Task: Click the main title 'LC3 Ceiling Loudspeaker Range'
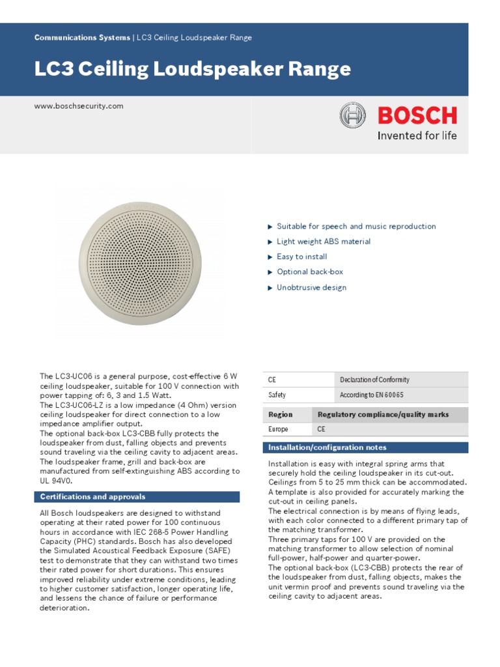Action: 192,70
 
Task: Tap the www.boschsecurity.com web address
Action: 78,106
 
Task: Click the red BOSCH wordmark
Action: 417,116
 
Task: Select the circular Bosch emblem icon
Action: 354,117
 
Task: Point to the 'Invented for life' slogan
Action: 417,136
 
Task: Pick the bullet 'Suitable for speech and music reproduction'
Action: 356,227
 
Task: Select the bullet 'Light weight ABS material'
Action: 324,242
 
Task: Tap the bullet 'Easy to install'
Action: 301,257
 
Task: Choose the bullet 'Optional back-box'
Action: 310,272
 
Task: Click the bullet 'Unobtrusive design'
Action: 311,287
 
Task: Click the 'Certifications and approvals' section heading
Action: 92,497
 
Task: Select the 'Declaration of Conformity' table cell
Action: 374,380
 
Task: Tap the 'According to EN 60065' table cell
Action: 371,395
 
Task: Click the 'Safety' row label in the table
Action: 277,395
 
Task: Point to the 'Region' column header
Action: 281,414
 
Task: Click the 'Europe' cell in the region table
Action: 278,430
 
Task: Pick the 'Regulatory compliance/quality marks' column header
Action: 383,414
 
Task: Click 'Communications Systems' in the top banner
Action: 82,38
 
